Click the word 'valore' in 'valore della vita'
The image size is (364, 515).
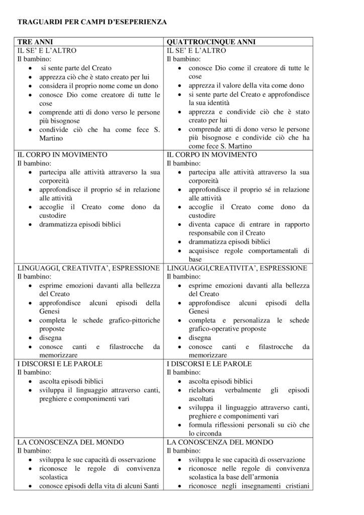click(224, 85)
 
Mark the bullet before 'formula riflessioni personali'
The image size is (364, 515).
click(181, 424)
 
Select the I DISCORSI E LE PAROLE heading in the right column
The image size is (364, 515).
click(209, 364)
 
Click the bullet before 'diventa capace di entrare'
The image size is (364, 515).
click(181, 225)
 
